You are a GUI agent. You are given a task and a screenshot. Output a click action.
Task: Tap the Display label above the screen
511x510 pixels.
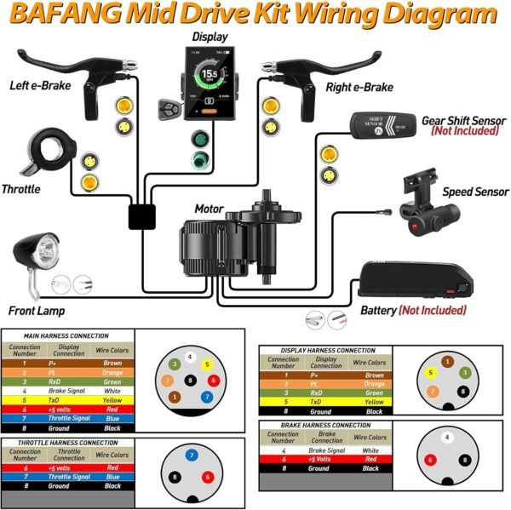(x=209, y=37)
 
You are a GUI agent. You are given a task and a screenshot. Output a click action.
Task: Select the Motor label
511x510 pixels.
(x=210, y=208)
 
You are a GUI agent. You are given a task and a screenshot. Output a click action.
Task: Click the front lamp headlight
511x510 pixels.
(x=32, y=253)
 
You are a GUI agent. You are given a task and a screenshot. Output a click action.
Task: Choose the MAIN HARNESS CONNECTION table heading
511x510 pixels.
(x=66, y=336)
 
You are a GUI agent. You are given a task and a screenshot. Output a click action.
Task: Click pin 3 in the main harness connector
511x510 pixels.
(x=173, y=364)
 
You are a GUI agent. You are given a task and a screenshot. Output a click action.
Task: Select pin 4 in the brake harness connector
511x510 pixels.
(x=447, y=439)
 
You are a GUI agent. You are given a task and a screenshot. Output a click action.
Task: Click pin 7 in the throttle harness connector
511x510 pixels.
(x=192, y=456)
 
